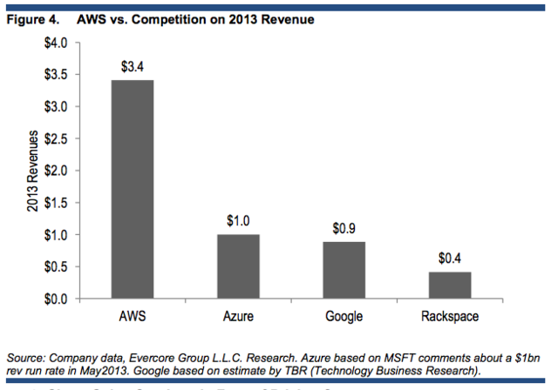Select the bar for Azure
point(239,266)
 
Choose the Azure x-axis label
point(239,316)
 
